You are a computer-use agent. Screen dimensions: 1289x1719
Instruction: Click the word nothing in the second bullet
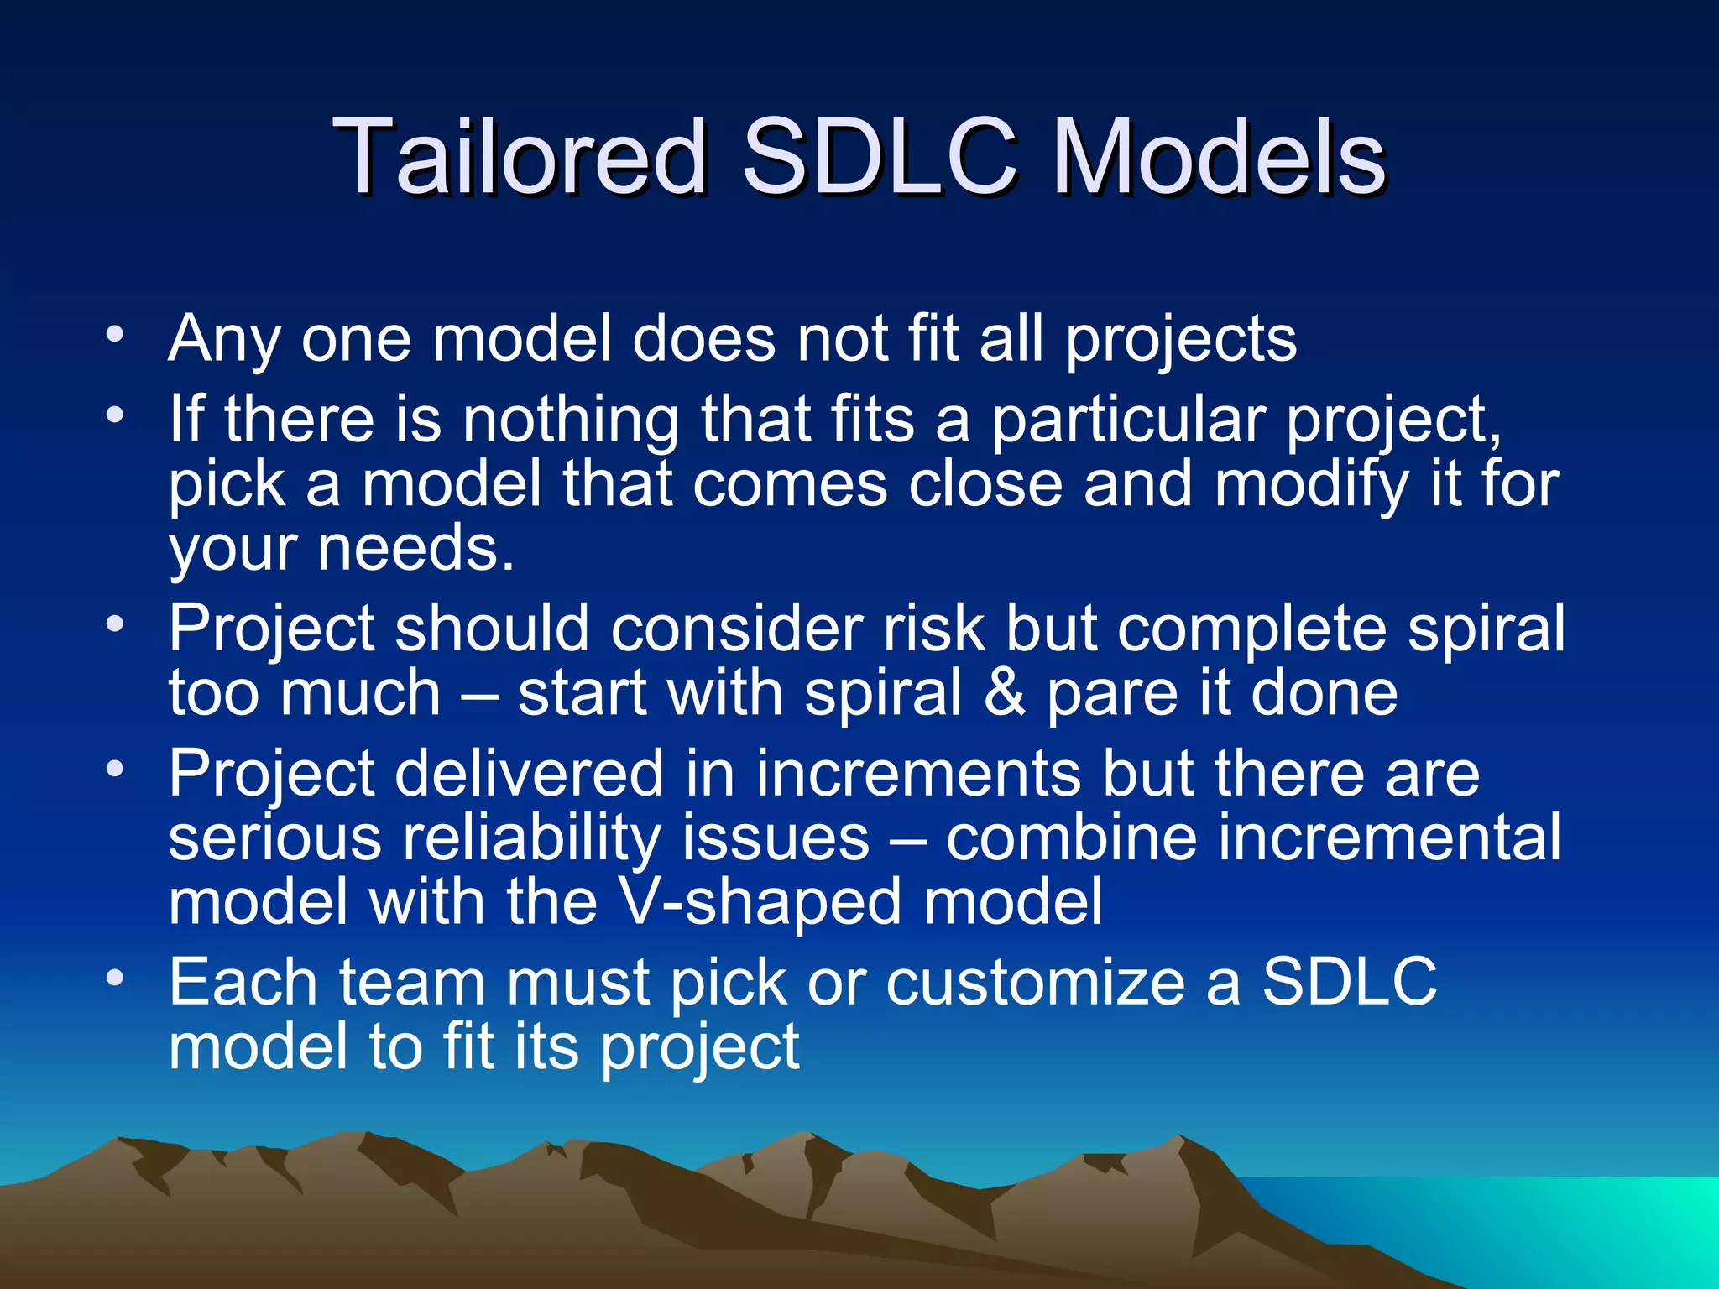tap(571, 419)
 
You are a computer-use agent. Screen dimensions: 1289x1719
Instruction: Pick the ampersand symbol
tap(1004, 693)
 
